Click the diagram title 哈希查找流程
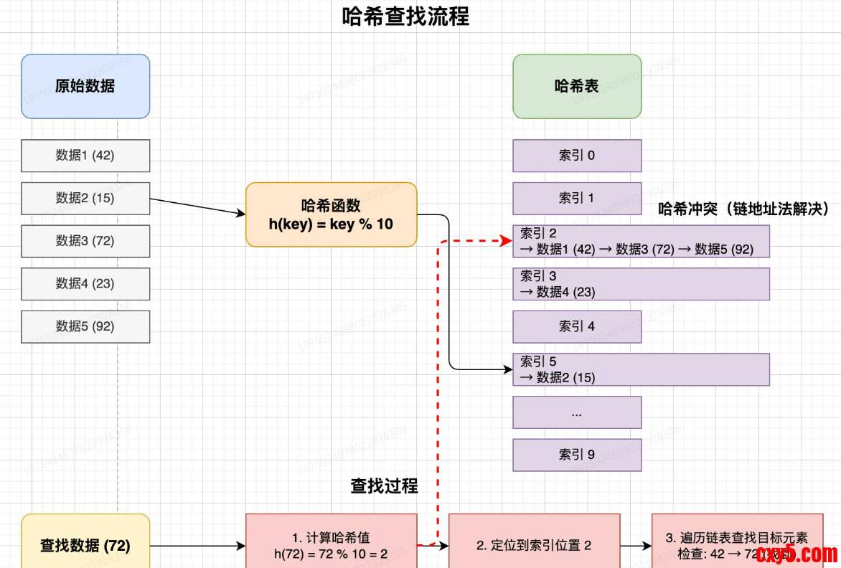[406, 17]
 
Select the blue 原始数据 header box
[85, 86]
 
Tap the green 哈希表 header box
[577, 86]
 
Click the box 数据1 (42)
[85, 156]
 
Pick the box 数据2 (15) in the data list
[85, 198]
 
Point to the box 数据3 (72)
[85, 241]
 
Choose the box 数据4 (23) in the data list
[85, 283]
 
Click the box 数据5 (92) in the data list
[85, 326]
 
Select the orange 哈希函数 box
[331, 214]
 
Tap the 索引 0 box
[577, 156]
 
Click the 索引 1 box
[577, 198]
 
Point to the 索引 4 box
[577, 326]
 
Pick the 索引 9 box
[577, 455]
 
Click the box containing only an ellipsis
[577, 412]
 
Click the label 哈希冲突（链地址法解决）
[743, 209]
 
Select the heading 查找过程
[384, 486]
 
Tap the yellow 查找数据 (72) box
[85, 546]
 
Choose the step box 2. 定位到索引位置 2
[534, 546]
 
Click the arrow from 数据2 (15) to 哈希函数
[197, 206]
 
